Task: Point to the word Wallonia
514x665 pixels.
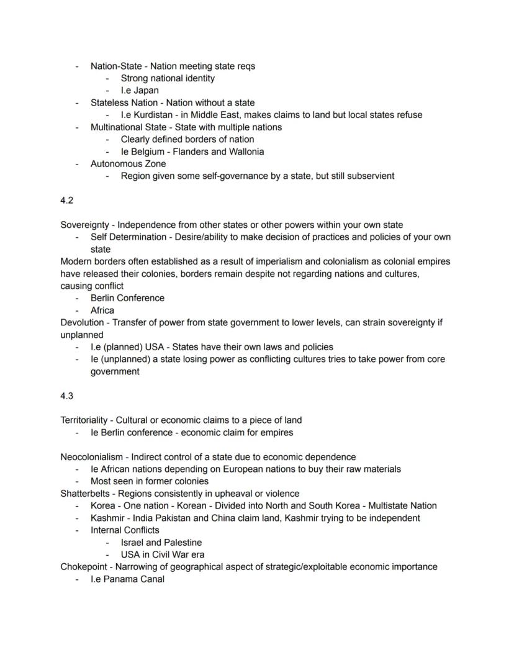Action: [x=242, y=152]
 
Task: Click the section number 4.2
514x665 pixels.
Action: [x=67, y=201]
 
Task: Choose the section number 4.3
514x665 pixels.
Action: [x=67, y=396]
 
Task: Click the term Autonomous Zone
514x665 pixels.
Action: [x=128, y=164]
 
